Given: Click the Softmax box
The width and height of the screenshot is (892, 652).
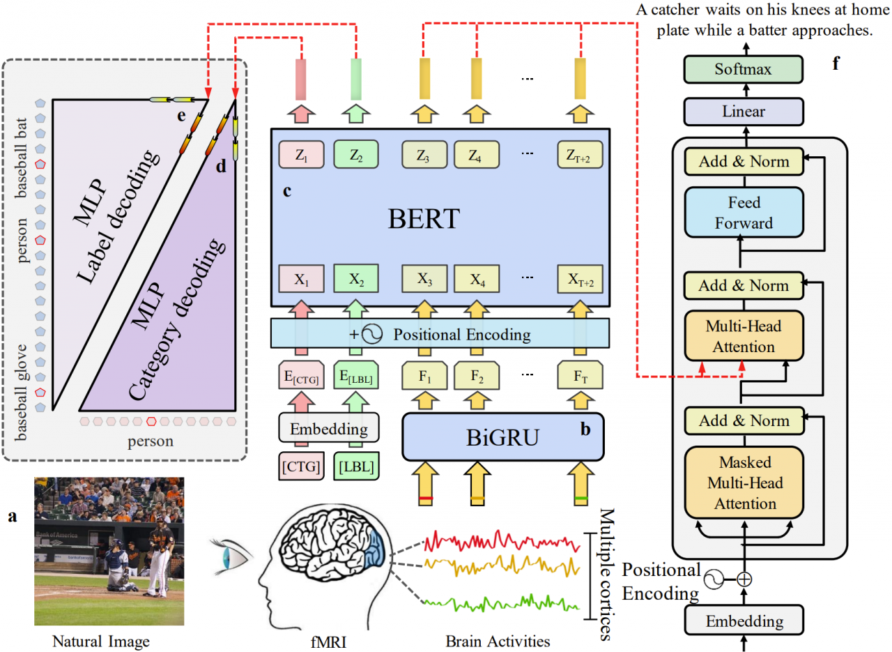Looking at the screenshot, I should click(744, 69).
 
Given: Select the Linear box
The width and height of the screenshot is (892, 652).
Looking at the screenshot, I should click(744, 111).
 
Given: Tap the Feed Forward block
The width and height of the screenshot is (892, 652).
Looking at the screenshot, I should click(744, 213).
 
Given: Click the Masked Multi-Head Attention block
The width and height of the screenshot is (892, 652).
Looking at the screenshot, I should click(744, 483).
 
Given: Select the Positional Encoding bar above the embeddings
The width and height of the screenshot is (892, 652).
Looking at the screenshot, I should click(440, 334).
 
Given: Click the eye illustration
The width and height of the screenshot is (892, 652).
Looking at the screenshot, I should click(234, 556).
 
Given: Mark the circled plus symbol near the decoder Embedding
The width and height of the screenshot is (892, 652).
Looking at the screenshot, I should click(745, 578).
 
